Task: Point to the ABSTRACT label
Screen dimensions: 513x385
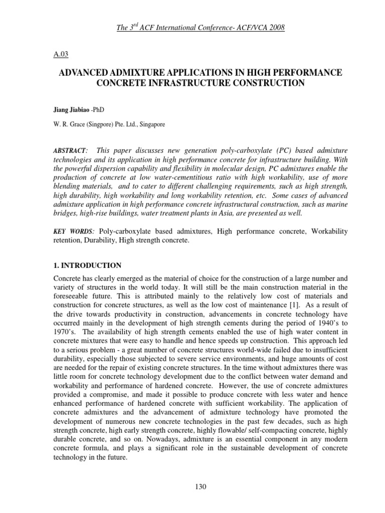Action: point(69,151)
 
